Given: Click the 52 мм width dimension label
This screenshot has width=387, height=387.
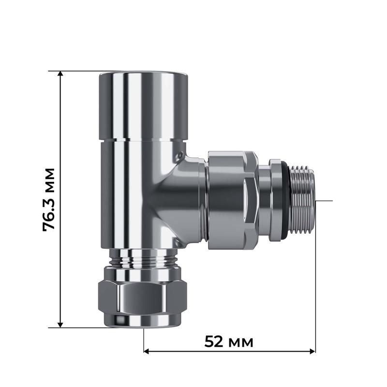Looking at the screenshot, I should point(229,342).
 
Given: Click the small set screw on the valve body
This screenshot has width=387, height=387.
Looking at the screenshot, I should point(180,156).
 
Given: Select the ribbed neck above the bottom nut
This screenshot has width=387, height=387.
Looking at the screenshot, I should point(144,261).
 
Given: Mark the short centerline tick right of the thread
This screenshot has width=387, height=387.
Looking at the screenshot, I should point(324,200).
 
